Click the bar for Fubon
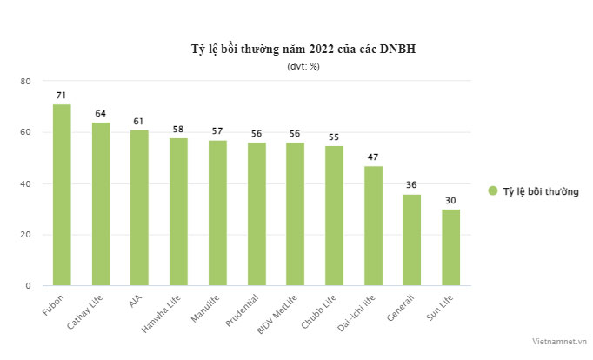click(62, 195)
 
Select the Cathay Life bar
click(101, 203)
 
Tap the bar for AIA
click(139, 207)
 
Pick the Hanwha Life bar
click(178, 211)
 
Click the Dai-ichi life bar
click(373, 225)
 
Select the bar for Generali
click(411, 239)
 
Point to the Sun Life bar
click(450, 247)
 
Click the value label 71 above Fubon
click(62, 95)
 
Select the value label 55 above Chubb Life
click(334, 137)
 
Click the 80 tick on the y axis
click(26, 81)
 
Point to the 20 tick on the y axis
click(26, 235)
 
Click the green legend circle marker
click(492, 190)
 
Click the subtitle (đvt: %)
click(303, 66)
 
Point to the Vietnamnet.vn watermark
click(561, 343)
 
